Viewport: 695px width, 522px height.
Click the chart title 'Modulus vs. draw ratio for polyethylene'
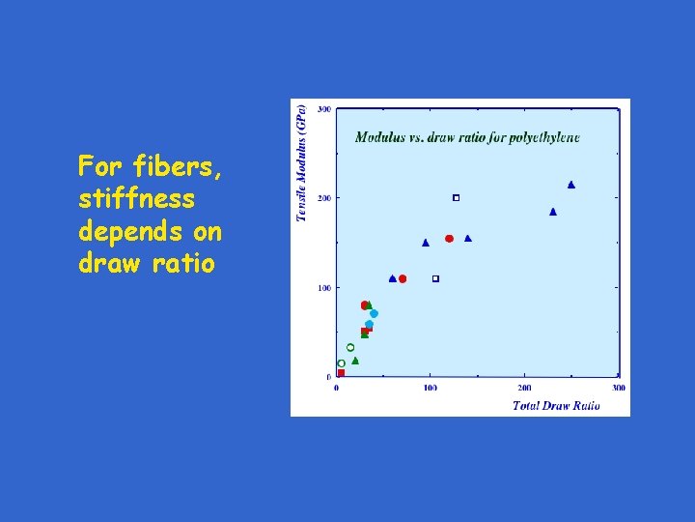[x=467, y=137]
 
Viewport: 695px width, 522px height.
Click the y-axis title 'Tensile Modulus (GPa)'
[x=301, y=163]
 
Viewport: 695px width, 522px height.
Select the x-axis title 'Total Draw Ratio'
[x=556, y=405]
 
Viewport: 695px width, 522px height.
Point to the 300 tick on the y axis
[x=324, y=109]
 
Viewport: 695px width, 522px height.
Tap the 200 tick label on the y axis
[x=324, y=198]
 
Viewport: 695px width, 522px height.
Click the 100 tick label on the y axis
[x=324, y=288]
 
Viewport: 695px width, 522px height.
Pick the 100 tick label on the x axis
[x=430, y=388]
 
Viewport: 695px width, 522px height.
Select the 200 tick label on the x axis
[x=524, y=388]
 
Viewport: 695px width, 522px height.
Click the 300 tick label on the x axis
[x=618, y=388]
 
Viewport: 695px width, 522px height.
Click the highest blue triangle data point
[x=571, y=185]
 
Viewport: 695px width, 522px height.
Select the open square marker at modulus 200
[x=457, y=198]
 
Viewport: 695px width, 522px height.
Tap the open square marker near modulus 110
[x=435, y=278]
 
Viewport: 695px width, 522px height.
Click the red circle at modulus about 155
[x=449, y=239]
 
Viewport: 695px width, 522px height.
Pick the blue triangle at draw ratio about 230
[x=553, y=212]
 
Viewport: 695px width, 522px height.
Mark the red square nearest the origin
[x=341, y=372]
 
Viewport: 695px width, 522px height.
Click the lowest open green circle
[x=341, y=363]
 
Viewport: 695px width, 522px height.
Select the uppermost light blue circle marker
[x=374, y=313]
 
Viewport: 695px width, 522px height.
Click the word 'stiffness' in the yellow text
[x=136, y=200]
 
